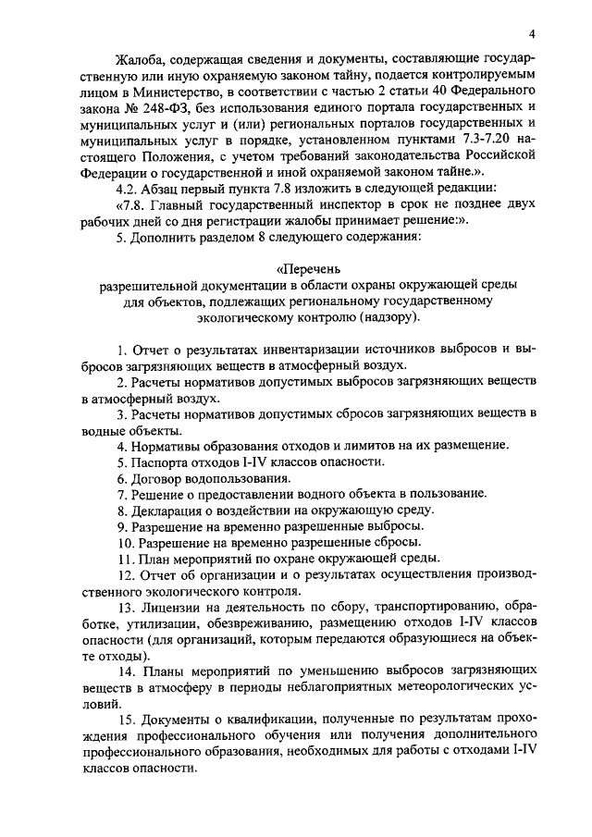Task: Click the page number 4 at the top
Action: click(x=547, y=34)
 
